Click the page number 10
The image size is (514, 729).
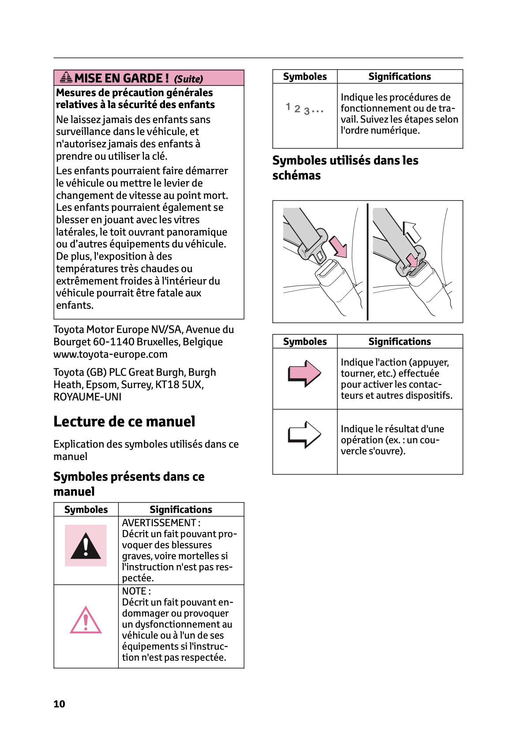[x=59, y=704]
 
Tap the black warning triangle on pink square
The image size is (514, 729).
[x=86, y=546]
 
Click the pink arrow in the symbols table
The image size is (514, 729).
[x=304, y=374]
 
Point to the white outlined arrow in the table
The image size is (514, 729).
[x=304, y=435]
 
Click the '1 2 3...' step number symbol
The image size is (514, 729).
[x=304, y=108]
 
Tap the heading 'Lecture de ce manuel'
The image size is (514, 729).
[x=124, y=422]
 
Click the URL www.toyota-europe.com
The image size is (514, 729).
[x=110, y=354]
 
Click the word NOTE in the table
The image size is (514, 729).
[x=134, y=591]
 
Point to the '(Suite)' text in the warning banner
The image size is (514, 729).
[x=188, y=79]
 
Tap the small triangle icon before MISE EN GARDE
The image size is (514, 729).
[x=66, y=78]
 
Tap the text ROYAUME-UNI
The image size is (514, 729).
[x=87, y=397]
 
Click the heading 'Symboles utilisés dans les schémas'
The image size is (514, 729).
[x=345, y=168]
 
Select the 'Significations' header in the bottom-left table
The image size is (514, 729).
[x=180, y=509]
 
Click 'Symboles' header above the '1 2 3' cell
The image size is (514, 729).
[x=304, y=76]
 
